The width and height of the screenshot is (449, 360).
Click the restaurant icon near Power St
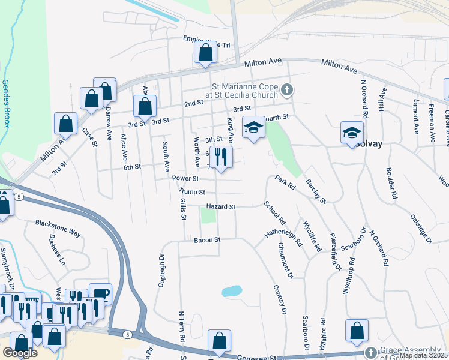coord(220,157)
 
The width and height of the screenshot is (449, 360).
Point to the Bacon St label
coord(208,239)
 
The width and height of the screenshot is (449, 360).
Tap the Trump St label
coord(192,193)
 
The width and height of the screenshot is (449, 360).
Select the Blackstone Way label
coord(58,223)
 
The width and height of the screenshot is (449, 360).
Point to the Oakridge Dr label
coord(421,229)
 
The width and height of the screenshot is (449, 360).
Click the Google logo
coord(20,353)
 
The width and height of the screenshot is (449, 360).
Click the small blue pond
coord(232,292)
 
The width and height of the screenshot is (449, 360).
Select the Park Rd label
coord(285,182)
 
